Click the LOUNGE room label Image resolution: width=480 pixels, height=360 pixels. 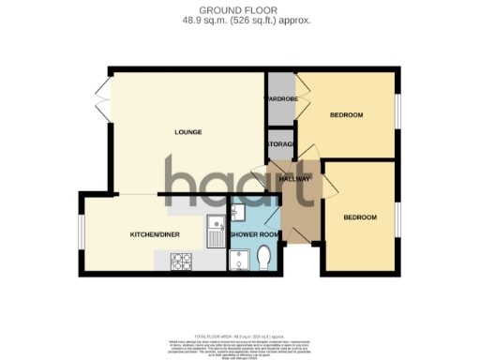(189, 131)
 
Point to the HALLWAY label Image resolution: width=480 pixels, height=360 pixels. (293, 178)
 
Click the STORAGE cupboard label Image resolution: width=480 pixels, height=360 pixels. (280, 143)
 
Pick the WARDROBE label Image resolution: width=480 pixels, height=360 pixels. (280, 98)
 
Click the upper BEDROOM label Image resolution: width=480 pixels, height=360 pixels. (346, 114)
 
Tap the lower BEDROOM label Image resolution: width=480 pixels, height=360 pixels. (360, 217)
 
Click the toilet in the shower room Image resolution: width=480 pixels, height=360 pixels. (263, 257)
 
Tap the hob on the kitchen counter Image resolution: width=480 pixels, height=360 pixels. (181, 262)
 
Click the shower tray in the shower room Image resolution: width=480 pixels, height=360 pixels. (238, 259)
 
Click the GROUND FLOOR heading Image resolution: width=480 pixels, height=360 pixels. (239, 8)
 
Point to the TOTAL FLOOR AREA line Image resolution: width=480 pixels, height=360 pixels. (239, 335)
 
